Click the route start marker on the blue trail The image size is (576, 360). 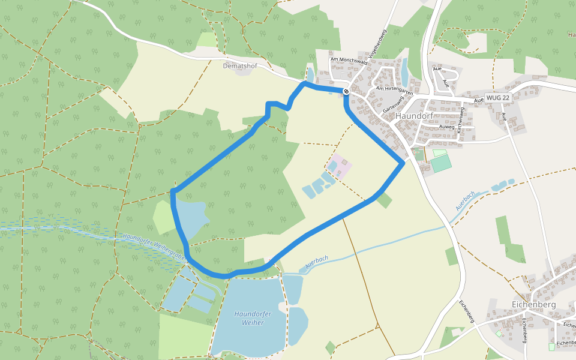(x=346, y=91)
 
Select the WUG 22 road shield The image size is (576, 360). (x=498, y=97)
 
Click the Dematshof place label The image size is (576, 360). (x=240, y=66)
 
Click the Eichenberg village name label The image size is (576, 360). (x=534, y=304)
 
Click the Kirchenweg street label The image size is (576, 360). (x=460, y=120)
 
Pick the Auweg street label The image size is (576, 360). (x=446, y=127)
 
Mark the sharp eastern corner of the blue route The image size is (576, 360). (x=402, y=163)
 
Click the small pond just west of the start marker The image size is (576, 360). (x=310, y=74)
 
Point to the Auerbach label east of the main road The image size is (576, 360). (x=465, y=201)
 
